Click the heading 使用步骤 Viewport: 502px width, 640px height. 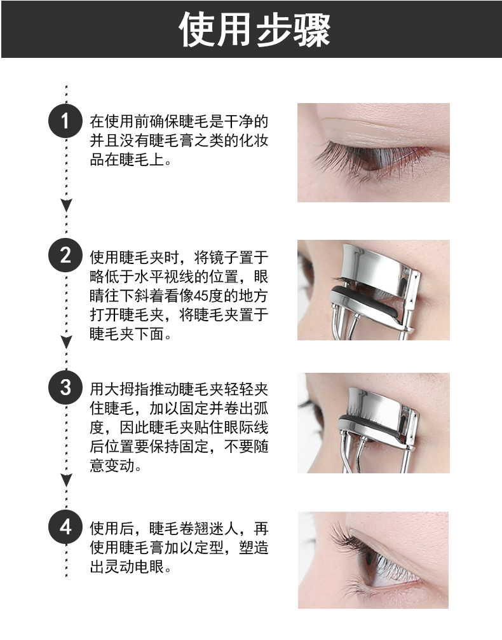pyautogui.click(x=254, y=29)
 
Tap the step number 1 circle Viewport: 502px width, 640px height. pyautogui.click(x=65, y=121)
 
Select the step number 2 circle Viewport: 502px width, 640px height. pyautogui.click(x=65, y=255)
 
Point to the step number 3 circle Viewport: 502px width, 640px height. pyautogui.click(x=65, y=387)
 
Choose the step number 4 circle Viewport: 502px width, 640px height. pyautogui.click(x=65, y=527)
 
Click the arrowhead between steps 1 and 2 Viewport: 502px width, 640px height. pyautogui.click(x=67, y=205)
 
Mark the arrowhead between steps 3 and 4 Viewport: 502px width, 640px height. pyautogui.click(x=67, y=480)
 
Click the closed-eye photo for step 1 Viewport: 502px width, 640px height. pyautogui.click(x=374, y=153)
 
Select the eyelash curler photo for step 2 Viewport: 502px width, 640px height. pyautogui.click(x=374, y=290)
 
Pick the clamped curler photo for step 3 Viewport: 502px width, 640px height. pyautogui.click(x=374, y=423)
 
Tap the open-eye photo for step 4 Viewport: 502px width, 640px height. pyautogui.click(x=373, y=560)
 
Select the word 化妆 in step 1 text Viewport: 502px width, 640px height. pyautogui.click(x=254, y=141)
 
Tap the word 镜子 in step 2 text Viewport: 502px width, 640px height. pyautogui.click(x=224, y=258)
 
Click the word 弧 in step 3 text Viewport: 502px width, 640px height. pyautogui.click(x=261, y=408)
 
